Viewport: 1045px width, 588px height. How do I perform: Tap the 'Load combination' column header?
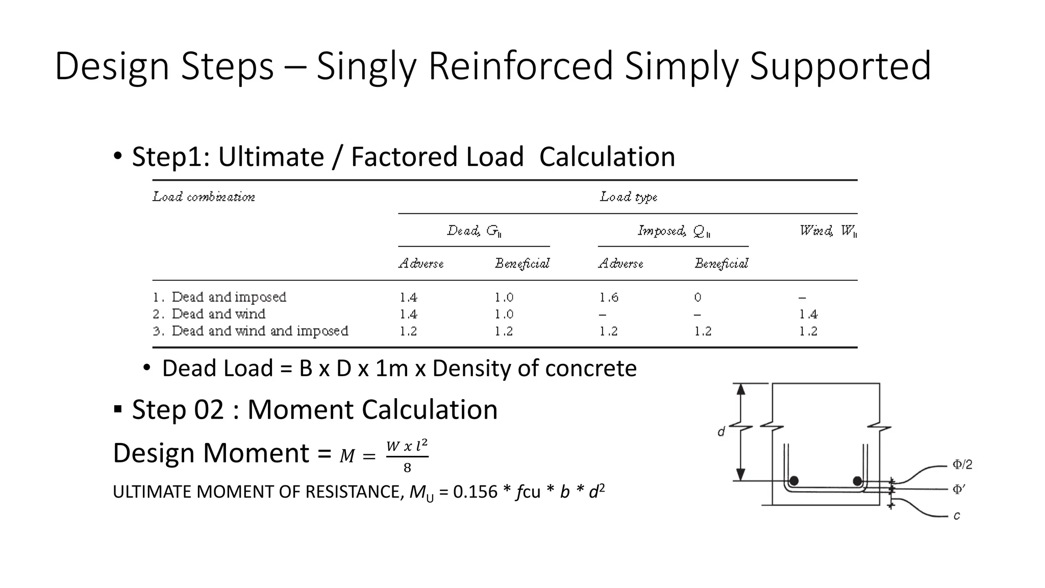(x=204, y=197)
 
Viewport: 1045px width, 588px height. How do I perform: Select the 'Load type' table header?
(x=628, y=197)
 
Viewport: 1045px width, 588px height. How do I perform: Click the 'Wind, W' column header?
(x=828, y=231)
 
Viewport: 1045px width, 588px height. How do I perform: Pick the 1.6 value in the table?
(x=608, y=297)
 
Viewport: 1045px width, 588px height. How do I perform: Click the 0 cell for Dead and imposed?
(x=698, y=297)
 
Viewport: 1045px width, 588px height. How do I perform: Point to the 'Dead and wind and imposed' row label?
(x=260, y=331)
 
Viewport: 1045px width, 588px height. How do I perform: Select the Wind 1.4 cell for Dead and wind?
(x=808, y=314)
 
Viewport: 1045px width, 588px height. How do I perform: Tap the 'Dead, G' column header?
(x=474, y=231)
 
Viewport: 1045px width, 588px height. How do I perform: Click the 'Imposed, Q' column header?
(x=674, y=231)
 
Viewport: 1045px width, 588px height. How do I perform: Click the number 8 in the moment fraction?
(x=407, y=468)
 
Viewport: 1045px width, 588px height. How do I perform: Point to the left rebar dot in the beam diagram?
(x=793, y=481)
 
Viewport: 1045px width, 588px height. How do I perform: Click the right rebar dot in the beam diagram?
(x=857, y=481)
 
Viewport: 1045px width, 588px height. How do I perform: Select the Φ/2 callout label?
(x=962, y=464)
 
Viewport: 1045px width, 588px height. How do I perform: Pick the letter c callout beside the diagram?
(x=957, y=516)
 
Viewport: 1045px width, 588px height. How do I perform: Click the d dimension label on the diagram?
(x=721, y=432)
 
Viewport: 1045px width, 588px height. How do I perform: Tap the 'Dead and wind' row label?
(x=218, y=314)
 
